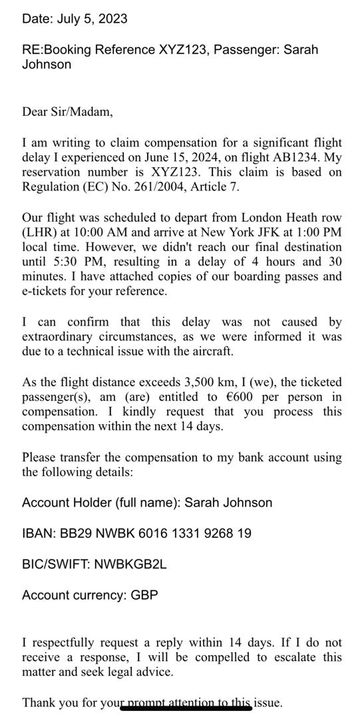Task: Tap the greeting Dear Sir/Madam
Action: [67, 112]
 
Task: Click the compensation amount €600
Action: [242, 397]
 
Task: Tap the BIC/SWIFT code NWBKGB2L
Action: [130, 564]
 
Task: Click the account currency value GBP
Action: [144, 595]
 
